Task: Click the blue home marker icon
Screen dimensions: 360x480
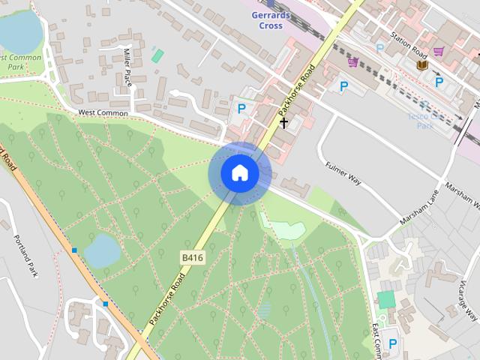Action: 239,173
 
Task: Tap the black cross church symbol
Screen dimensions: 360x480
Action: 283,121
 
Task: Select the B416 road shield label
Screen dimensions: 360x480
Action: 193,257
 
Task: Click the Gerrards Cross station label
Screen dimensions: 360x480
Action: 267,20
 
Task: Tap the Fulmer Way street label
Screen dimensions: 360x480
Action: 343,175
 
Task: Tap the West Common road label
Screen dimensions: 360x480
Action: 103,112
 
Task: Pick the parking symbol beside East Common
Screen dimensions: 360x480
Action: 392,343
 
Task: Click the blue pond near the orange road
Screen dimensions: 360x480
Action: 101,250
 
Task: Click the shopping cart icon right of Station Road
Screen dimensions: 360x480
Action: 438,51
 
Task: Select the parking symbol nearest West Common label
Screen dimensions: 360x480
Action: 241,109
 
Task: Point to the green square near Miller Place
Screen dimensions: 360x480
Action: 157,55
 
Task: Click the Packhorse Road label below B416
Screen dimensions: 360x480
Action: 166,299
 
